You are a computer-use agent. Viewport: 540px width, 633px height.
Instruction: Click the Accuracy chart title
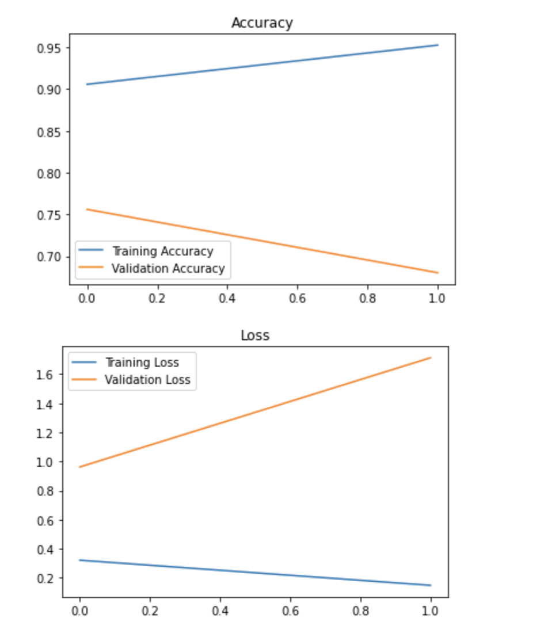tap(262, 23)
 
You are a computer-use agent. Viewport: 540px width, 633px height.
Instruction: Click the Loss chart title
tap(254, 335)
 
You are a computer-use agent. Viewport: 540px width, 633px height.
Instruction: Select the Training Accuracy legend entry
tap(162, 251)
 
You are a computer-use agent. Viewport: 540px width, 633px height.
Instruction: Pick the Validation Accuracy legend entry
tap(168, 269)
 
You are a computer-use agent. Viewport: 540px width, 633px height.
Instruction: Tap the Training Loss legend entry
tap(142, 363)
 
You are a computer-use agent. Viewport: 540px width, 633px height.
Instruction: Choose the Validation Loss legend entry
tap(147, 380)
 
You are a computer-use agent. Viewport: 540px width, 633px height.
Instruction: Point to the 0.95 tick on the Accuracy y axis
tap(49, 48)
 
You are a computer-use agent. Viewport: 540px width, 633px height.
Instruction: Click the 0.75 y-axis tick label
tap(49, 215)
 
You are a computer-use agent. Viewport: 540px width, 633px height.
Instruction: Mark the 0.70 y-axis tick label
tap(49, 257)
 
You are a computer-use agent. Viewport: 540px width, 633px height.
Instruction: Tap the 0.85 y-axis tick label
tap(49, 132)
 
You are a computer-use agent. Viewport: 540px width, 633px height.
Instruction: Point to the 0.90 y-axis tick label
tap(49, 90)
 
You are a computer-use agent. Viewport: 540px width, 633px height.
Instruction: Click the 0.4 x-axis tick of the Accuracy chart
tap(227, 299)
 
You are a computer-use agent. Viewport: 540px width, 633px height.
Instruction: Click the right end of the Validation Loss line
tap(431, 357)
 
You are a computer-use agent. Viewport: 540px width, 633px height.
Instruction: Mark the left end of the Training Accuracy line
tap(88, 84)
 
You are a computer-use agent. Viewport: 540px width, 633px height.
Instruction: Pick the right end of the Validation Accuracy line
tap(438, 272)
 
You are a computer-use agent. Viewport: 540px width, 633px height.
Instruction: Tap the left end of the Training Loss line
tap(79, 560)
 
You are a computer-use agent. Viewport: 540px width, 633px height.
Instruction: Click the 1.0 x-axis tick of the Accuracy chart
tap(438, 299)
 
